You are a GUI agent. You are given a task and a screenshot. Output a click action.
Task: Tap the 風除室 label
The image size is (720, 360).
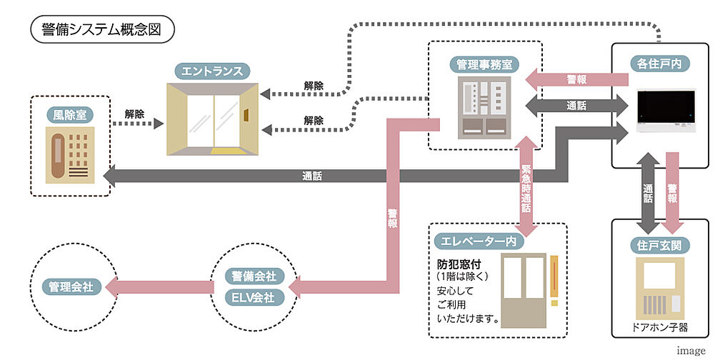coord(70,114)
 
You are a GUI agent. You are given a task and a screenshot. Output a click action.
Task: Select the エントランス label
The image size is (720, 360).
coord(212,71)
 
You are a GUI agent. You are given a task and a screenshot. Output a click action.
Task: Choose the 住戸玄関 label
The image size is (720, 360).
coord(660,245)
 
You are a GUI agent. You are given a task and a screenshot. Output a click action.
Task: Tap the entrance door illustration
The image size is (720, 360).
coord(212,119)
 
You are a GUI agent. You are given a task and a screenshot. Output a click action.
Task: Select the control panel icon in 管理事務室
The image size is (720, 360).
coord(484,107)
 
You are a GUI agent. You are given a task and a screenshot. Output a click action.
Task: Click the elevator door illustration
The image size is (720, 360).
coord(525,289)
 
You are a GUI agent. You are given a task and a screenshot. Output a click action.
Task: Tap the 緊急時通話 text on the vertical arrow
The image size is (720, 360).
coord(526,189)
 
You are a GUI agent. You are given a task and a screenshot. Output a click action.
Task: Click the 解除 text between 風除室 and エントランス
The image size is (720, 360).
coord(134,114)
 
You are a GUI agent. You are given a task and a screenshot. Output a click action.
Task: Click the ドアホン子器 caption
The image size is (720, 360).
coord(660,328)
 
